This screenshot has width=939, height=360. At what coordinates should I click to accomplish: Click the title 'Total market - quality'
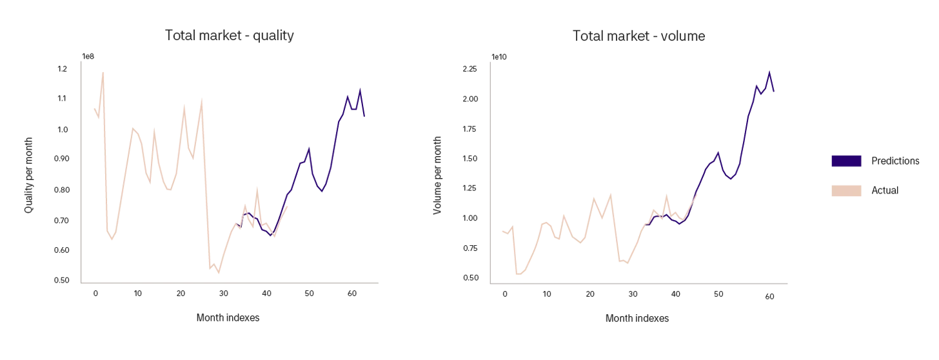point(230,35)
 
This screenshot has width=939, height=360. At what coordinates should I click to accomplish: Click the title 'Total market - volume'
point(638,36)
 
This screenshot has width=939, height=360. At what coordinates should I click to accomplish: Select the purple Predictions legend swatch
point(846,161)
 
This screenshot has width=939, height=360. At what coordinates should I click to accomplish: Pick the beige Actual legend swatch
point(846,190)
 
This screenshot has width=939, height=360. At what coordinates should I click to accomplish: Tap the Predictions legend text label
point(895,161)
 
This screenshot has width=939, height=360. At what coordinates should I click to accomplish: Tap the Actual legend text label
point(885,190)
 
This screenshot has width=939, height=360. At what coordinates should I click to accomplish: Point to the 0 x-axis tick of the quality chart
point(95,294)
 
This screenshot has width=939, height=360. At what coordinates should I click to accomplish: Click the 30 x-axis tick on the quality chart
point(223,294)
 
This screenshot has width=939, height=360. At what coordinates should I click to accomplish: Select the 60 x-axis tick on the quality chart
point(351,294)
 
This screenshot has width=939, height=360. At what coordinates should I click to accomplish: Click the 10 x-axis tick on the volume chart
point(547,294)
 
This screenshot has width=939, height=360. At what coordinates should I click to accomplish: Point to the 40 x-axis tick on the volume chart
point(675,294)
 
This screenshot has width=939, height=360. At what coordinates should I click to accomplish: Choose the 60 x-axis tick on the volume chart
point(769,296)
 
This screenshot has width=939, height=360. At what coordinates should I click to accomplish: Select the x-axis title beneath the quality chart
point(228,318)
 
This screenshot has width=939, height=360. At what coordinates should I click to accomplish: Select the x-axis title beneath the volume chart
point(637,318)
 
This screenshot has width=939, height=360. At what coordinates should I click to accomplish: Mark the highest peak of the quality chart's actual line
point(103,72)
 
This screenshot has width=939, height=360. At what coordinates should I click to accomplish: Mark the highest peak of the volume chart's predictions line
point(769,71)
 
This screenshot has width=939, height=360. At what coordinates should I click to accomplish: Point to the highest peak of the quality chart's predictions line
point(361,89)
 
